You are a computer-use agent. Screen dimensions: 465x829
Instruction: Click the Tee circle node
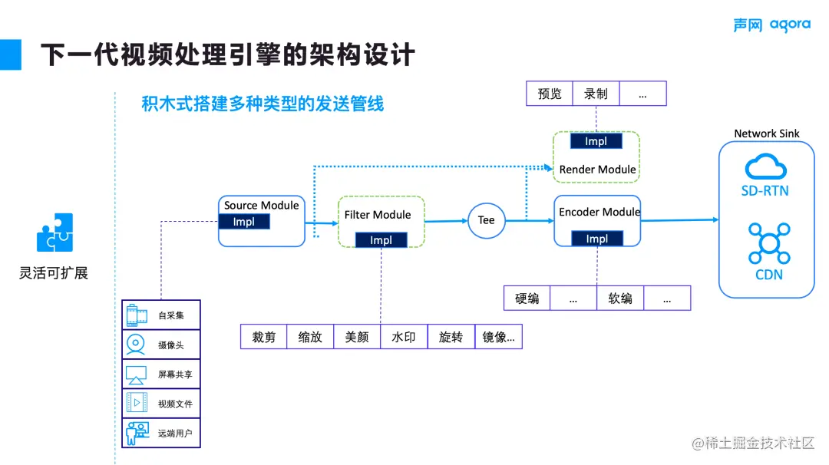click(487, 220)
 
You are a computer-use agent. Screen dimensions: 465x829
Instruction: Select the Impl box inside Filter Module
click(381, 240)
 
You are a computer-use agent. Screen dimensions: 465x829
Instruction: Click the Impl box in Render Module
click(596, 141)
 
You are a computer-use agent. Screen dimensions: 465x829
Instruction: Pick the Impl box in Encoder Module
click(597, 239)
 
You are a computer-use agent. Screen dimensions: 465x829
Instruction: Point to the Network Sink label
click(766, 134)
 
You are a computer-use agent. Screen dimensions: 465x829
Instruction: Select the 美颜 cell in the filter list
click(357, 337)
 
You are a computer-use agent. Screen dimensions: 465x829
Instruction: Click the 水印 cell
click(404, 337)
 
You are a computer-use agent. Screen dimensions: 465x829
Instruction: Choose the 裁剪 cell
click(263, 337)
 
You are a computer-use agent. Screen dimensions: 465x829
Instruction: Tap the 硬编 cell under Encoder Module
click(527, 298)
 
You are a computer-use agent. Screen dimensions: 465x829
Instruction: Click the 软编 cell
click(620, 298)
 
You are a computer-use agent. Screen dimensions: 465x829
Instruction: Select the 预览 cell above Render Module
click(550, 94)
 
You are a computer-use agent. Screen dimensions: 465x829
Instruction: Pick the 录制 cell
click(596, 94)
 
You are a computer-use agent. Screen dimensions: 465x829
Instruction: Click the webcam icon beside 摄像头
click(136, 344)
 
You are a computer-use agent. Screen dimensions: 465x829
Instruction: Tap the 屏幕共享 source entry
click(161, 374)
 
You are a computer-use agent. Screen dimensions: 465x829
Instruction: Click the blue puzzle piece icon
click(54, 232)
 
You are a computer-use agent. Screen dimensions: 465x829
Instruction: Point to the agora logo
click(771, 25)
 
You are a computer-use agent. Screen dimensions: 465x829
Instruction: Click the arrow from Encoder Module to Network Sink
click(679, 220)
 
